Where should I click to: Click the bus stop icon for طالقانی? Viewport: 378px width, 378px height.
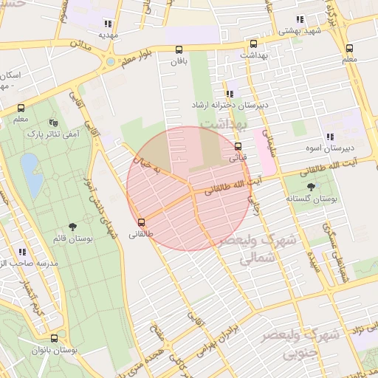click(141, 222)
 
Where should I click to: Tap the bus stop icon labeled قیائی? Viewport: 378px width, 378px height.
click(237, 146)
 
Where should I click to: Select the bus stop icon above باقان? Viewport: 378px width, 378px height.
click(179, 50)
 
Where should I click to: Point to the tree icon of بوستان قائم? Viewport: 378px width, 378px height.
click(72, 227)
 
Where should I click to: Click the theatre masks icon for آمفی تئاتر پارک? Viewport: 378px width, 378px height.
click(52, 123)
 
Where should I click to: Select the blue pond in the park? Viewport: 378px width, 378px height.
click(31, 175)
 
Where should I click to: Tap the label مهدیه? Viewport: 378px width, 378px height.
click(108, 35)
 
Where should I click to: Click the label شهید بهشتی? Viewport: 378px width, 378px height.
click(299, 31)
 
